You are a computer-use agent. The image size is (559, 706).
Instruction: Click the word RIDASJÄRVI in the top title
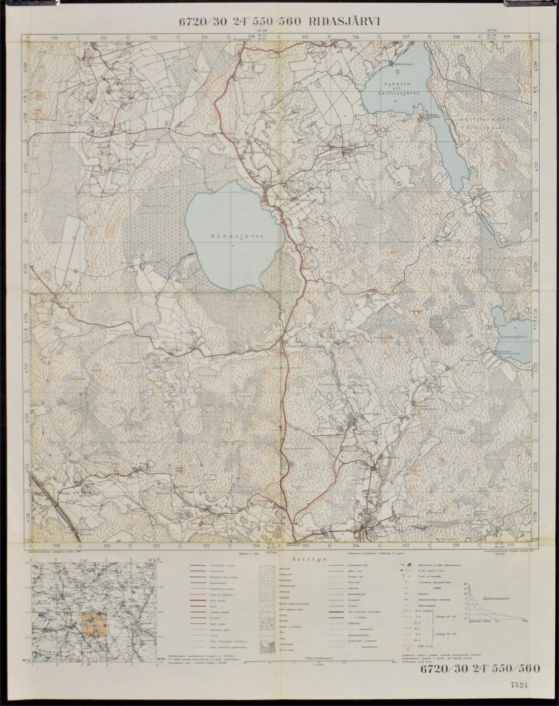click(344, 21)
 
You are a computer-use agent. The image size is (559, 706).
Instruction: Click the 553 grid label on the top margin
click(205, 37)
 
